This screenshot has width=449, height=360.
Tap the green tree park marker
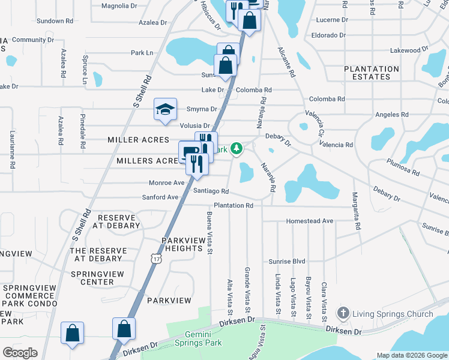237,148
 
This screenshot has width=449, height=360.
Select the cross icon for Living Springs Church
343,313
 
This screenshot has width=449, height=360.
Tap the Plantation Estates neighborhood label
372,73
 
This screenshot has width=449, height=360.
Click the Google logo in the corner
20,352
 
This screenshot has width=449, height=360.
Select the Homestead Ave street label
310,221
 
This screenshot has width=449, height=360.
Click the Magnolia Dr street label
119,6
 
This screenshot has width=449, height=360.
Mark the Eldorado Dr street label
329,35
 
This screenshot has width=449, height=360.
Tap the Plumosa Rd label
403,167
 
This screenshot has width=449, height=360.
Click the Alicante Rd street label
286,62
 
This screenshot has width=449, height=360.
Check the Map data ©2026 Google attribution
411,355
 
